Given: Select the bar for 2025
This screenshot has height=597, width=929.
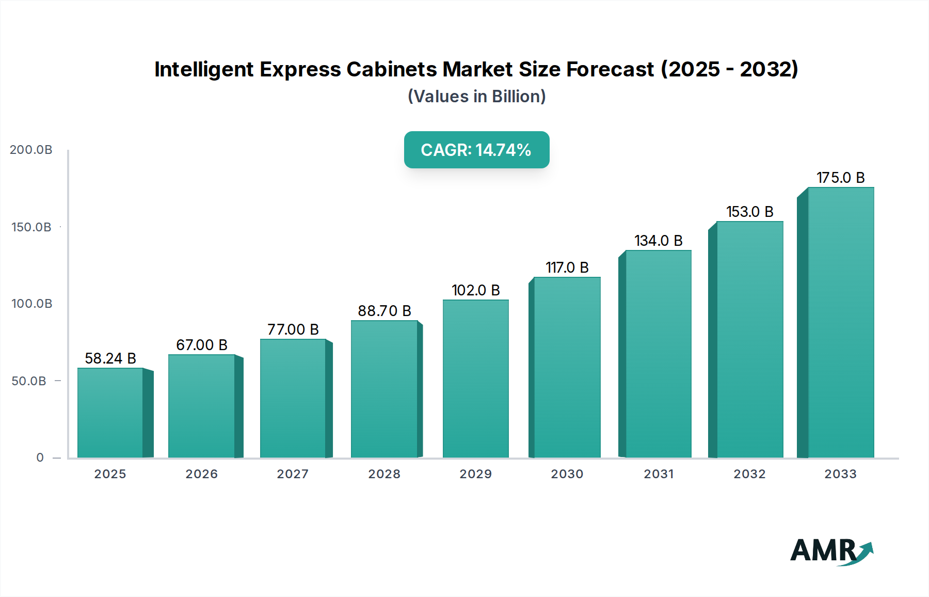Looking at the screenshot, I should (110, 413).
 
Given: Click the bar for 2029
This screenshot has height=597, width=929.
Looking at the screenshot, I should (475, 379).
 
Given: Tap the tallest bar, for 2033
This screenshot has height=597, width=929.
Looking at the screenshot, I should (840, 323).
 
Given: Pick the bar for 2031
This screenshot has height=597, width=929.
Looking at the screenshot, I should (658, 354).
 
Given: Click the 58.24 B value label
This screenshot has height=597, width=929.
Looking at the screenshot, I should (110, 358).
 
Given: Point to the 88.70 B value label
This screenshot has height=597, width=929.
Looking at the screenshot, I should (385, 311).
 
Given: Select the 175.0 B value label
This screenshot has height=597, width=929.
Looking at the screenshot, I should (840, 178).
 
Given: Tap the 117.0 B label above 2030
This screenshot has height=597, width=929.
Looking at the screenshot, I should (567, 268).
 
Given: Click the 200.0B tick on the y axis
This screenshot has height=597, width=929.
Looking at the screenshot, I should (31, 150).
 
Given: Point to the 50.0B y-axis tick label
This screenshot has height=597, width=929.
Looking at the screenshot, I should (29, 381).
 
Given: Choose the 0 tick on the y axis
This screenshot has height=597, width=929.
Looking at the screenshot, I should (40, 458).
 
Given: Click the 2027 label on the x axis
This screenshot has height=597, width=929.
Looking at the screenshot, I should (293, 474).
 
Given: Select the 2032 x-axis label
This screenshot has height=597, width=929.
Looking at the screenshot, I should (749, 474).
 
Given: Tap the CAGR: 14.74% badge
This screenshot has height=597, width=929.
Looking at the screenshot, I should (476, 150).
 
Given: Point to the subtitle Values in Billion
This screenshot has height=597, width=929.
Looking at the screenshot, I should (476, 97).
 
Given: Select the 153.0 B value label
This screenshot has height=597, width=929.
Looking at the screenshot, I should (749, 212).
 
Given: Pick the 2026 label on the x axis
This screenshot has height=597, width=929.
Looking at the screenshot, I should (201, 474).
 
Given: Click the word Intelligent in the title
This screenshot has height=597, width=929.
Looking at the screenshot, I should (203, 69).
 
